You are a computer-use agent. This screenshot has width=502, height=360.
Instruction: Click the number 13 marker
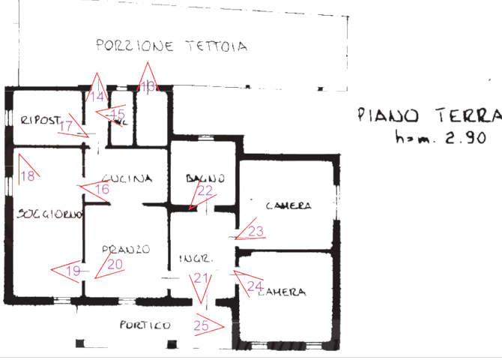pyautogui.click(x=148, y=87)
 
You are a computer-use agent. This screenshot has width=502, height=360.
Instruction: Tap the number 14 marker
pyautogui.click(x=97, y=97)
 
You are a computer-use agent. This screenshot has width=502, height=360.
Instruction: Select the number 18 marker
pyautogui.click(x=28, y=177)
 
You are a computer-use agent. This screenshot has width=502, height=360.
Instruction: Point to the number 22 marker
pyautogui.click(x=205, y=190)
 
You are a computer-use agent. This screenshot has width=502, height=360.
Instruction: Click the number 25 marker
pyautogui.click(x=202, y=325)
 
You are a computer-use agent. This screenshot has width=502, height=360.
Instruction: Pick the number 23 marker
pyautogui.click(x=255, y=232)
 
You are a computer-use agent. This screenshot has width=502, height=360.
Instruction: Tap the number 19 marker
pyautogui.click(x=73, y=271)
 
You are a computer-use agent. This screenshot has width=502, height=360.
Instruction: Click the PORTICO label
pyautogui.click(x=145, y=325)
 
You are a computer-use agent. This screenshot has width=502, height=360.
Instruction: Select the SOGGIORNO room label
pyautogui.click(x=49, y=214)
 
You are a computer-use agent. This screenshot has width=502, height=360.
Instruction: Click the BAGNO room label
pyautogui.click(x=205, y=178)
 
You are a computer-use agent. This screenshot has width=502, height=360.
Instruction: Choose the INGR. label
pyautogui.click(x=196, y=259)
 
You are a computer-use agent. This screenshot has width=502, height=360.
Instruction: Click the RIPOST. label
pyautogui.click(x=40, y=120)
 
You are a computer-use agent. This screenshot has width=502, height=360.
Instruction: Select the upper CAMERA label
pyautogui.click(x=288, y=205)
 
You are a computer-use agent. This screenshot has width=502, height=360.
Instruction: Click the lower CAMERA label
pyautogui.click(x=282, y=292)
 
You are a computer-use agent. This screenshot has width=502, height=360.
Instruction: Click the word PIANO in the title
pyautogui.click(x=387, y=115)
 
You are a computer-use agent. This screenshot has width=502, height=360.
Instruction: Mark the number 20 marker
pyautogui.click(x=115, y=264)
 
